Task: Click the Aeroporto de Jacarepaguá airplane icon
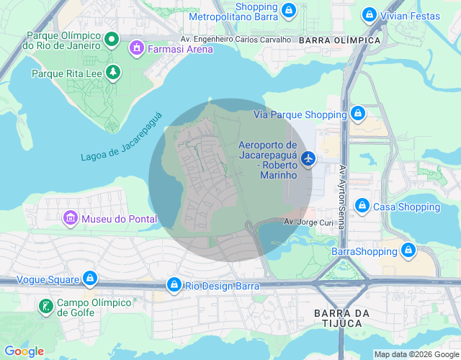pyautogui.click(x=309, y=158)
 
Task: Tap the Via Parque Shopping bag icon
pyautogui.click(x=358, y=114)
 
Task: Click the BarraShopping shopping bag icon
pyautogui.click(x=408, y=251)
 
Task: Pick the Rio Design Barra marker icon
pyautogui.click(x=174, y=285)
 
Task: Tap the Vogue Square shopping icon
pyautogui.click(x=89, y=277)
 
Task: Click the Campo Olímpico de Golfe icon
pyautogui.click(x=46, y=307)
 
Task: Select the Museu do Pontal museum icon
pyautogui.click(x=70, y=217)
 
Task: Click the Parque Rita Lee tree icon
pyautogui.click(x=112, y=72)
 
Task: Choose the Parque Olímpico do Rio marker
pyautogui.click(x=112, y=39)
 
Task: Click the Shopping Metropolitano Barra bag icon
pyautogui.click(x=288, y=10)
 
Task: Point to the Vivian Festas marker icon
pyautogui.click(x=369, y=14)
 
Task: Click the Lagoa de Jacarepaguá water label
pyautogui.click(x=122, y=137)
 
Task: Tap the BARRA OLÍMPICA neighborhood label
pyautogui.click(x=339, y=40)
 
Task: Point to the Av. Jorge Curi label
pyautogui.click(x=308, y=222)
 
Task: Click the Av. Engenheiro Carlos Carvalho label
pyautogui.click(x=236, y=40)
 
